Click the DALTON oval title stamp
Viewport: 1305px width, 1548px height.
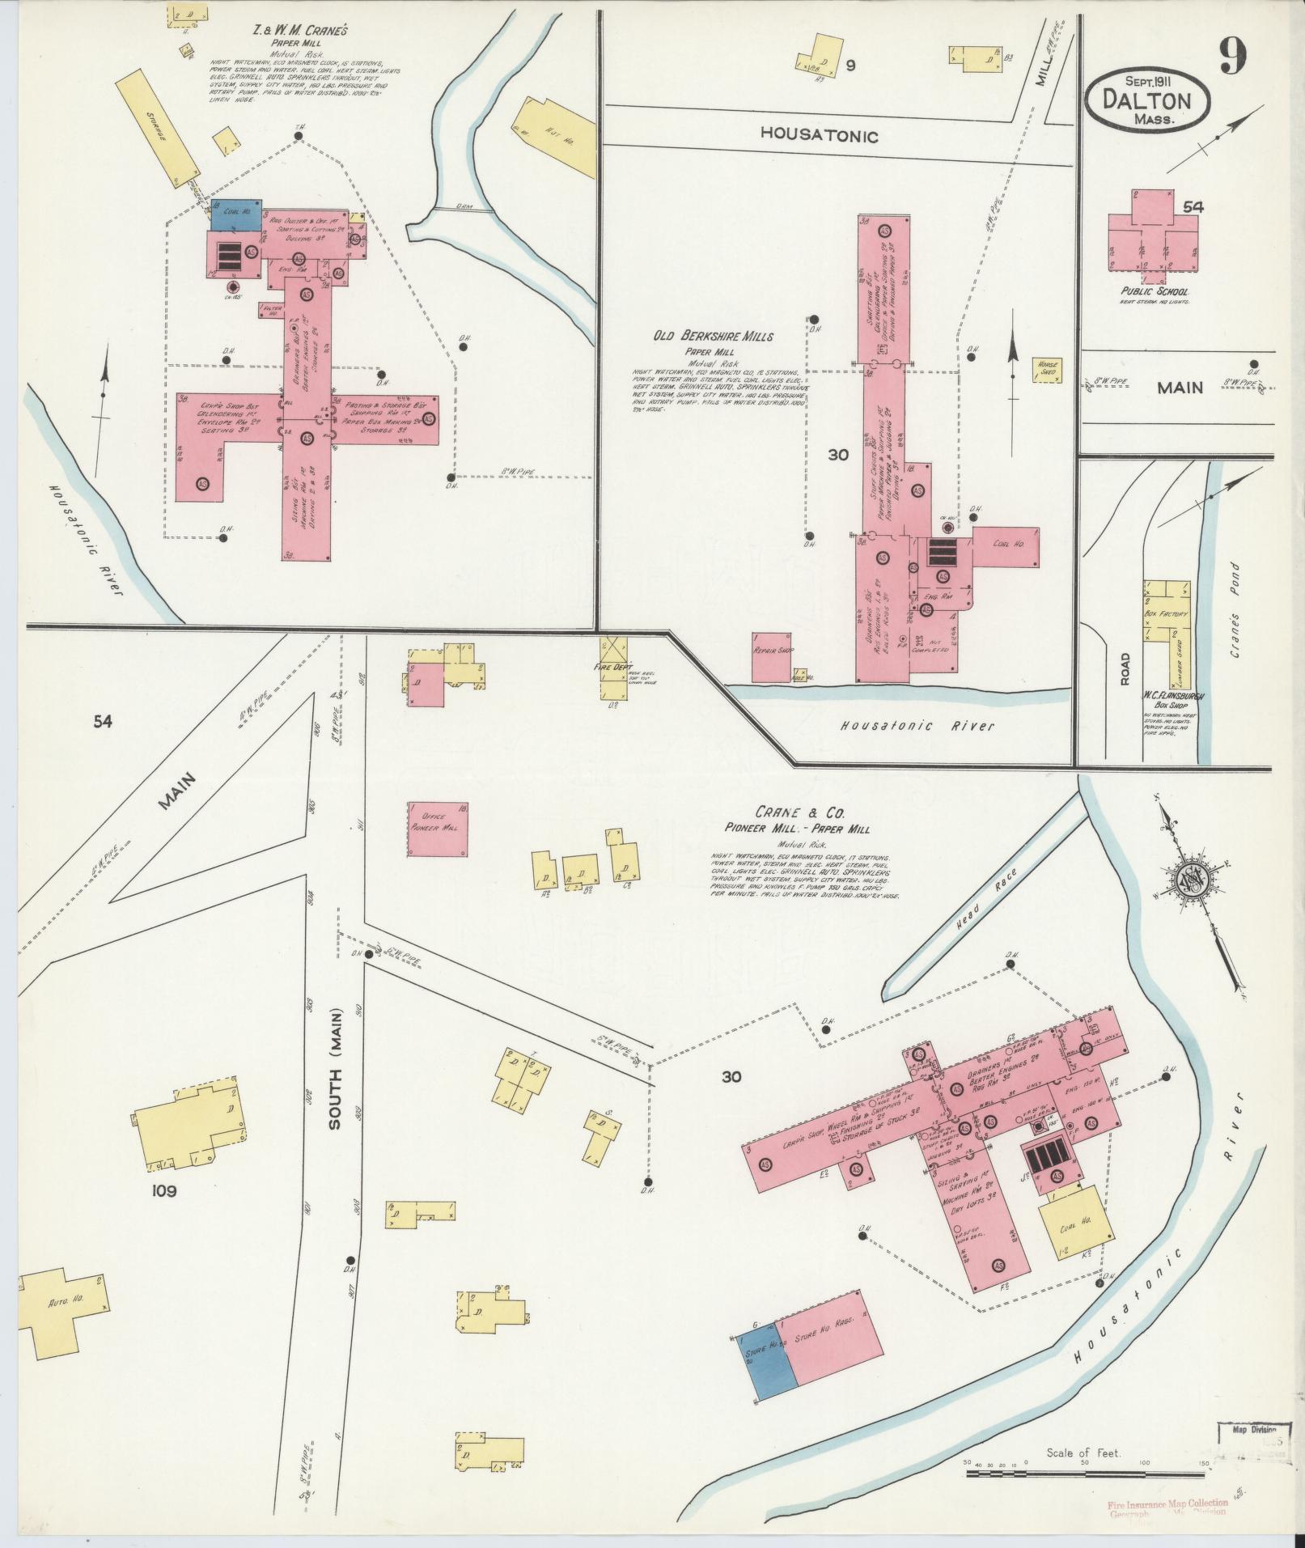coord(1147,100)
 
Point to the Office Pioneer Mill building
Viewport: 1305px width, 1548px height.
coord(437,829)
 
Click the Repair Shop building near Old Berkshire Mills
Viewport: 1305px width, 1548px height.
coord(772,657)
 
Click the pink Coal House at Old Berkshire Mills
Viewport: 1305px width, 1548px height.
coord(1006,547)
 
